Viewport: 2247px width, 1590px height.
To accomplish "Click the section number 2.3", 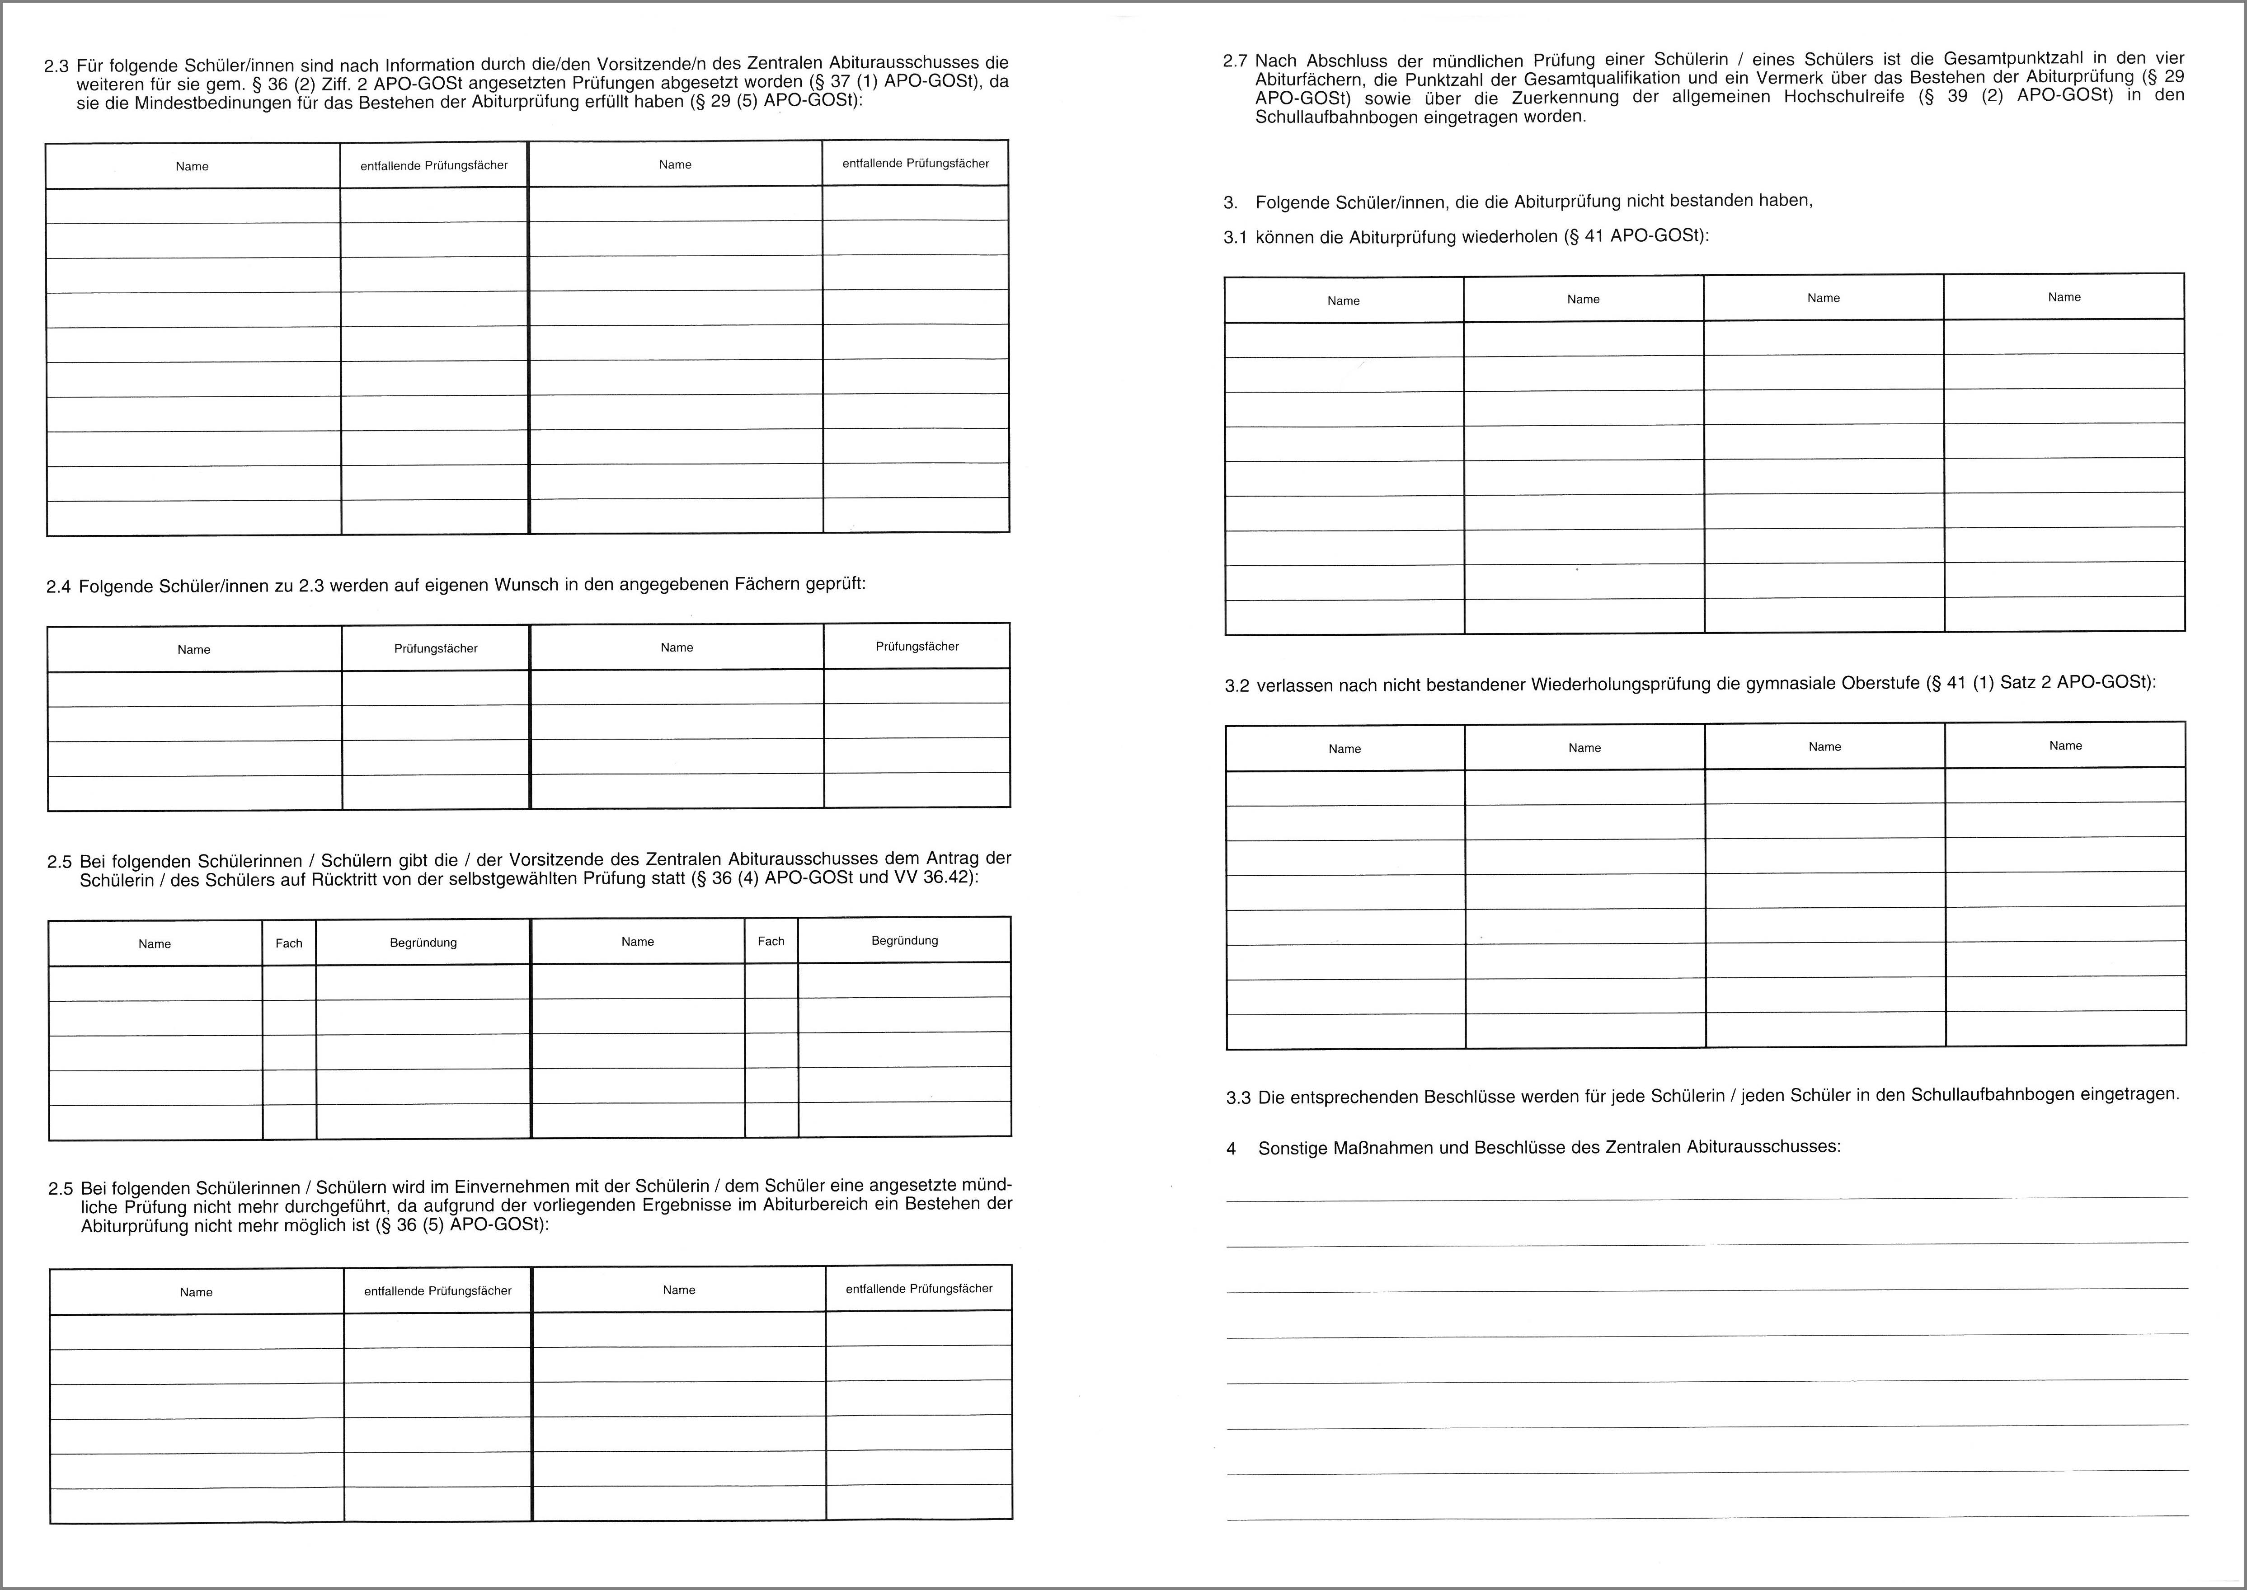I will coord(57,66).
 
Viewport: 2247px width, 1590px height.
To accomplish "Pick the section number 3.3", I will coord(1239,1098).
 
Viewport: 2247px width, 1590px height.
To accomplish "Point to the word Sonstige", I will coord(1289,1148).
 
